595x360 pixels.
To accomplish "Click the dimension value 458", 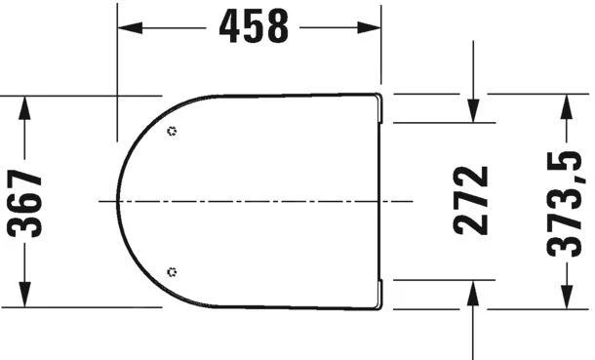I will tap(254, 28).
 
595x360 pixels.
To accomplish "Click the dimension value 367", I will tap(27, 203).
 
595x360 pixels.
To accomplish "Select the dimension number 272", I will tap(472, 201).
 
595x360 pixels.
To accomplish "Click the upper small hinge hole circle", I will tap(173, 131).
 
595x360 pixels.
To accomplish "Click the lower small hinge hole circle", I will tap(173, 271).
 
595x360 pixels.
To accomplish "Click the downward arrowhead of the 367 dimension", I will tap(26, 298).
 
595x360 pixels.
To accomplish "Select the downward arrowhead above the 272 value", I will tap(472, 114).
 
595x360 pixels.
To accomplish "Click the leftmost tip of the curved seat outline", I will tap(118, 200).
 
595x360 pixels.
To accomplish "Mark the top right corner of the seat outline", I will tap(378, 95).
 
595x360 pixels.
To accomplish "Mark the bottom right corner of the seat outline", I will tap(378, 306).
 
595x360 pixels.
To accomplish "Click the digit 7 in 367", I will tap(27, 178).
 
